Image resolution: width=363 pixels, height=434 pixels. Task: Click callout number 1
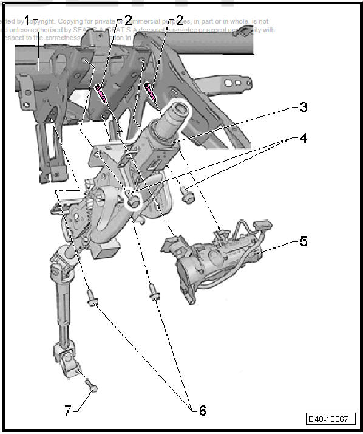coord(25,20)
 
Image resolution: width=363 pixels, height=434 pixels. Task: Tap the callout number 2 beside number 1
coord(128,20)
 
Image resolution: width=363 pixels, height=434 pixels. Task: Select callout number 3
coord(303,108)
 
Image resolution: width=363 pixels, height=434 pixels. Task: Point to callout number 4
coord(302,138)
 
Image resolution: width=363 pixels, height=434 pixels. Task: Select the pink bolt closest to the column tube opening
coord(151,90)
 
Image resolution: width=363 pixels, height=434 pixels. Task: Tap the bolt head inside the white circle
coord(131,198)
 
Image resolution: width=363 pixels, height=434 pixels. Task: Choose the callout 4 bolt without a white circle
coord(188,196)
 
